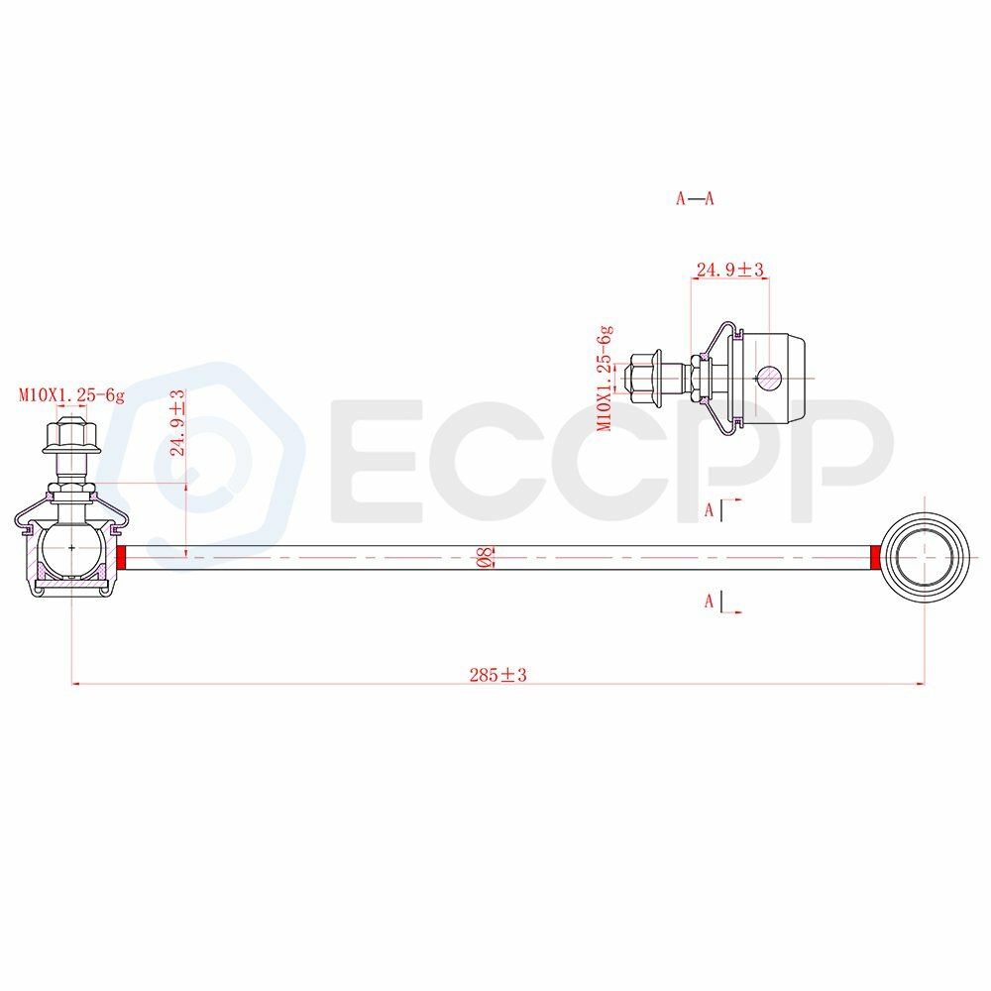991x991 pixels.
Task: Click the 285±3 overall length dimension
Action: tap(497, 675)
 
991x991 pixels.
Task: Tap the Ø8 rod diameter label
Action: tap(486, 558)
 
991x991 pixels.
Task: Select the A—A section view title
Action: tap(695, 198)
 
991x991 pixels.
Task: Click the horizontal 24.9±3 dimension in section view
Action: tap(729, 269)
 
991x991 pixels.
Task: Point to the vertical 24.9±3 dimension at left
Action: tap(178, 423)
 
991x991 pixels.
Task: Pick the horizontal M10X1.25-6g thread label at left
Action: tap(72, 395)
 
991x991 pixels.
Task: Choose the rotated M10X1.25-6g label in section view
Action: tap(605, 378)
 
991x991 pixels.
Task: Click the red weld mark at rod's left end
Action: tap(122, 558)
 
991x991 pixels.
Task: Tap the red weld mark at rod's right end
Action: tap(876, 558)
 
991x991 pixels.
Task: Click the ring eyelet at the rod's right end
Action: tap(925, 557)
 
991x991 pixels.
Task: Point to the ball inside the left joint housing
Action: tap(70, 547)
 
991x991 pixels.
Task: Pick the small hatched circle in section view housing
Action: tap(769, 377)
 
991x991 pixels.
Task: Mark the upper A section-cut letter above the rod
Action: tap(710, 511)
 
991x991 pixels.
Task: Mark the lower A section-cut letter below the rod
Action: tap(710, 601)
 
